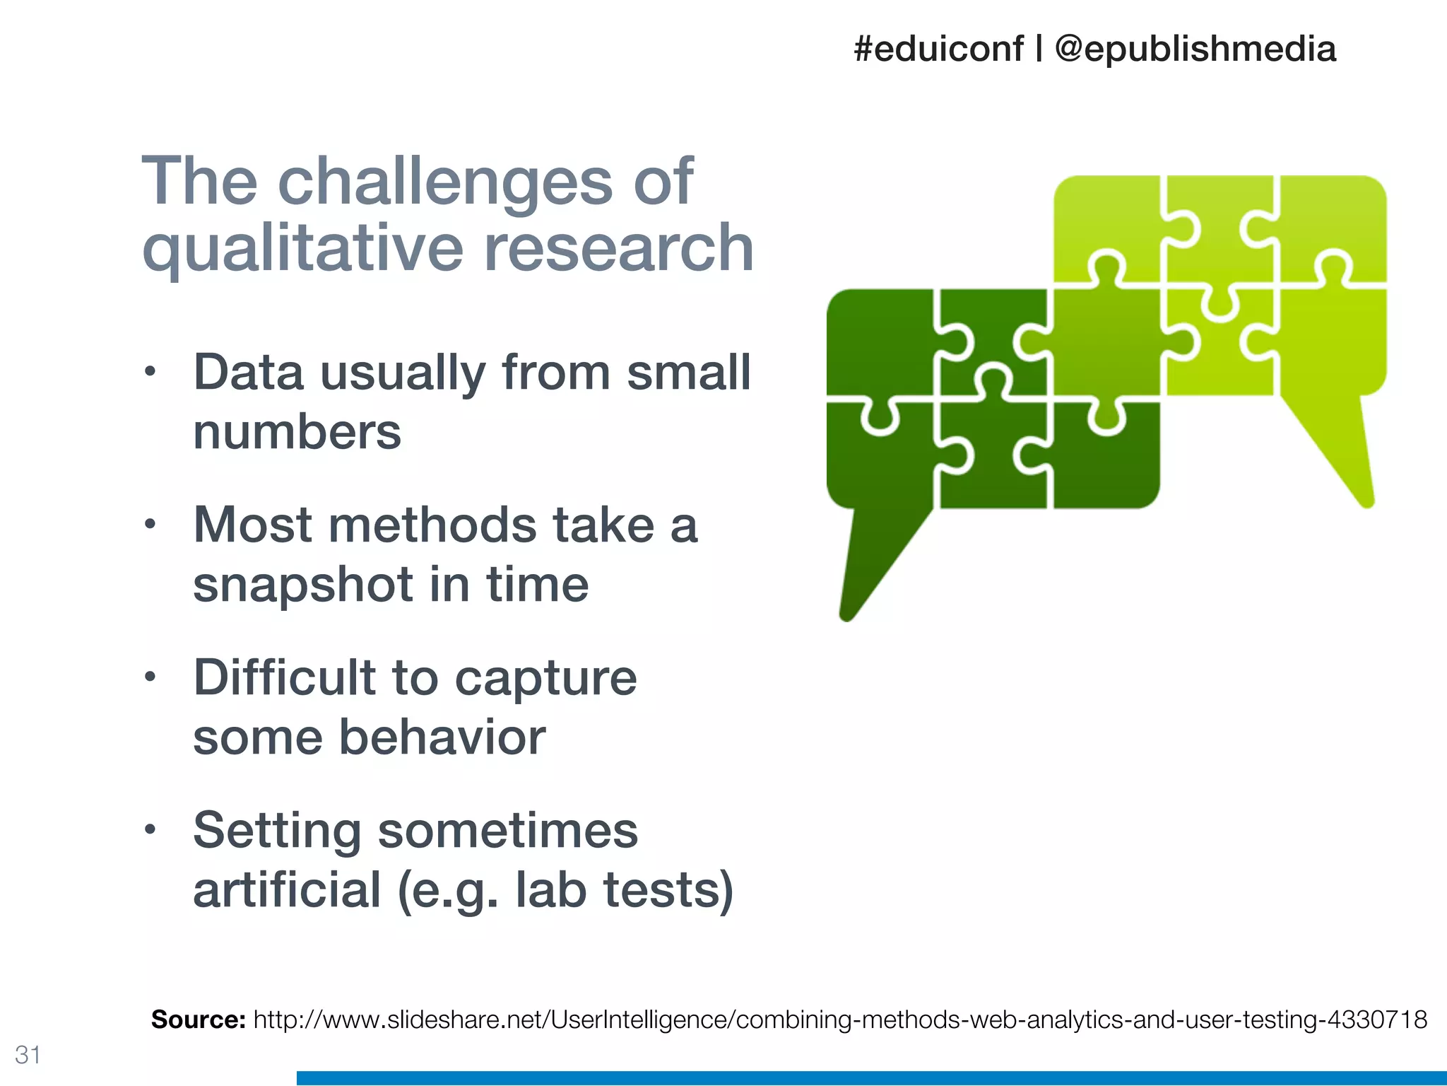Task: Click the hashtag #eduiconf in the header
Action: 938,49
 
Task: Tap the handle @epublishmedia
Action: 1195,49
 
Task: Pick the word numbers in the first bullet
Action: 297,432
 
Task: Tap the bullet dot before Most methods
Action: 149,524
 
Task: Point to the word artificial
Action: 287,890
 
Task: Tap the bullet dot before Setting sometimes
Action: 149,829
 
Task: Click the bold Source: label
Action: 198,1020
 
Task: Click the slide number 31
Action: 28,1055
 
